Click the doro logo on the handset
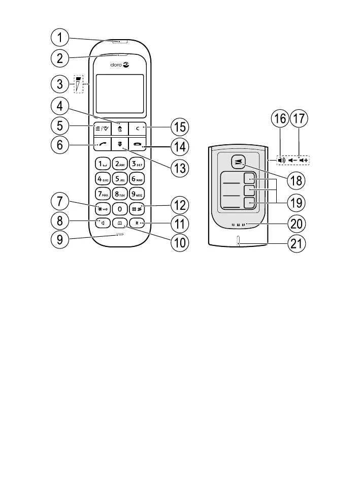click(120, 65)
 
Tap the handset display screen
click(120, 93)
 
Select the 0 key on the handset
click(120, 208)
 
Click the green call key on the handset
click(103, 146)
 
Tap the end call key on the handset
click(137, 146)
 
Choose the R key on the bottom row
click(137, 223)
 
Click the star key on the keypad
click(103, 208)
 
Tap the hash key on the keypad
click(137, 208)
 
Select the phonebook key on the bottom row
click(120, 223)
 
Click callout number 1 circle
click(60, 38)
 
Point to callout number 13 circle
click(178, 167)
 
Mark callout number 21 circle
click(297, 244)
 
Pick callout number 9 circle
click(60, 241)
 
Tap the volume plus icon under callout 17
click(304, 160)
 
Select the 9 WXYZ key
click(137, 194)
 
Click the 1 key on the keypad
click(103, 164)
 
